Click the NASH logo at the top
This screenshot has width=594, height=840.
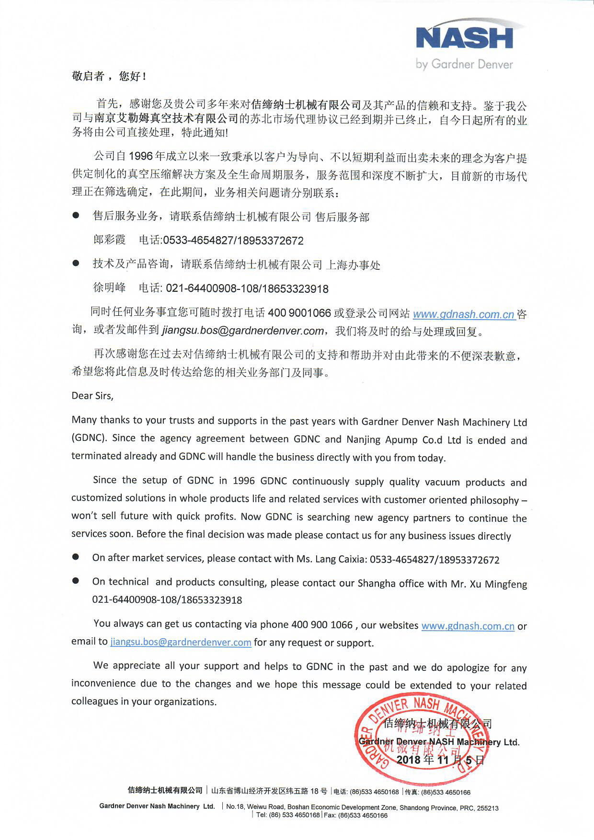click(464, 38)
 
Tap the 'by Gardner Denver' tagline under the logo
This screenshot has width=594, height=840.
click(464, 64)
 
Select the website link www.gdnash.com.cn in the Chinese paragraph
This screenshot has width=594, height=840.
click(463, 314)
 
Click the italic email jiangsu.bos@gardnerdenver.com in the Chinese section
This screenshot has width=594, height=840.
click(243, 331)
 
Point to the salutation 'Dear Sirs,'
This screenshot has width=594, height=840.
click(92, 396)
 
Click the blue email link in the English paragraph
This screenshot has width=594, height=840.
click(181, 642)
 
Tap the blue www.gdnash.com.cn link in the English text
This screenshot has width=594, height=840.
click(468, 626)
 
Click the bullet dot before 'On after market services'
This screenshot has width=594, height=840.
click(76, 557)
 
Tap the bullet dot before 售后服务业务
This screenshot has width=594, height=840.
click(76, 216)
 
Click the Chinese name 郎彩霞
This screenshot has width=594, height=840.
click(109, 240)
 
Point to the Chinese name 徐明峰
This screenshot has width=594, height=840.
click(109, 288)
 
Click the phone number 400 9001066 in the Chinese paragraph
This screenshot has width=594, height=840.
click(299, 313)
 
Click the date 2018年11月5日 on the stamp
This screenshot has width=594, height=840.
click(440, 760)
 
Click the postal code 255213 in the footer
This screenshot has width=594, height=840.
click(488, 808)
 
